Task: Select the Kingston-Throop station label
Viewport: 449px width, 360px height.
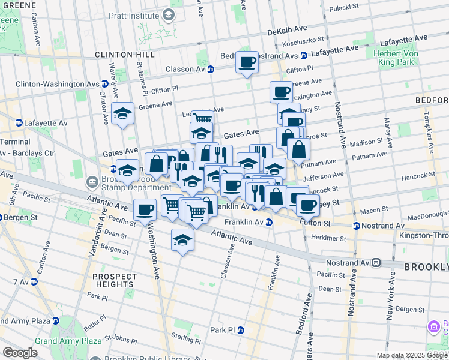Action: point(424,235)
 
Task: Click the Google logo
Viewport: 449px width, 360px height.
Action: point(20,352)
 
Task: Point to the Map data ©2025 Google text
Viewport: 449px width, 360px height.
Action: point(411,355)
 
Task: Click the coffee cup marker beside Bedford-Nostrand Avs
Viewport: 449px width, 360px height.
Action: point(247,62)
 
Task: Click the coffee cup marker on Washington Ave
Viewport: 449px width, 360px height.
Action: point(145,211)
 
